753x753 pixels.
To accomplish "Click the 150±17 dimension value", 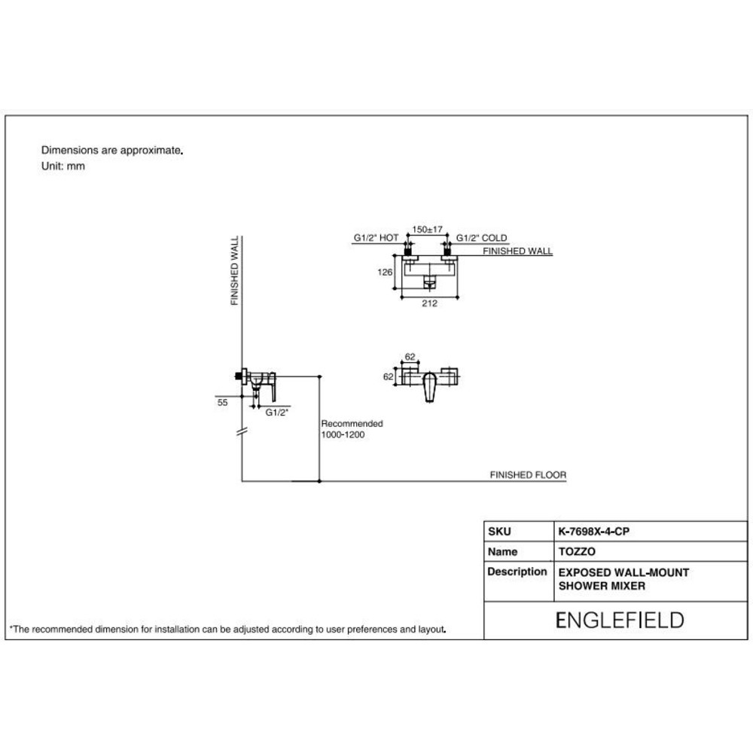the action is [x=427, y=230].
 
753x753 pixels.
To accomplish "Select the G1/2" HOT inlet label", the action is [x=376, y=238].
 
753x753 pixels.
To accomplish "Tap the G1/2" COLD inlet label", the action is [x=481, y=238].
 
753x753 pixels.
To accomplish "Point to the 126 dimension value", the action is [x=385, y=273].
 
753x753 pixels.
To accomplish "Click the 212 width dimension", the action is [x=429, y=303].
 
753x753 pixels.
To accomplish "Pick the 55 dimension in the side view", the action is [x=222, y=402].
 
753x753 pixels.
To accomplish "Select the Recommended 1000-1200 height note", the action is [x=352, y=429].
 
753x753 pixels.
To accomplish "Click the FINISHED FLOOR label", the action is [x=528, y=475].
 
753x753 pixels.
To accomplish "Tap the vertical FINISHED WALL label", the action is [x=234, y=270].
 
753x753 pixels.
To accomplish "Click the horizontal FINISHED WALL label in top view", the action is [x=517, y=252].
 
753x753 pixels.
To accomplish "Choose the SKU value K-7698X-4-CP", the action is [x=593, y=532].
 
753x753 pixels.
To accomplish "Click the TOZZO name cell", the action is [x=577, y=552].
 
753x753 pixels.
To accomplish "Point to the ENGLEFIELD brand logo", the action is [x=620, y=620].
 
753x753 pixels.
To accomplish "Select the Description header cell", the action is [x=517, y=572].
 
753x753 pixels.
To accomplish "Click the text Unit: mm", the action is [x=63, y=166].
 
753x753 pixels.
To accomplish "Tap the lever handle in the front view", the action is [x=430, y=387].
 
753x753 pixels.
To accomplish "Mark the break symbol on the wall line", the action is [x=242, y=431].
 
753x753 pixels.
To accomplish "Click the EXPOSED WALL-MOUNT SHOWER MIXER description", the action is [x=623, y=579].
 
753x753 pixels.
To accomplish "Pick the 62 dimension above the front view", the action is [x=410, y=357].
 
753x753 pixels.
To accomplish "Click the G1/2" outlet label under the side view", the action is [x=277, y=413].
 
